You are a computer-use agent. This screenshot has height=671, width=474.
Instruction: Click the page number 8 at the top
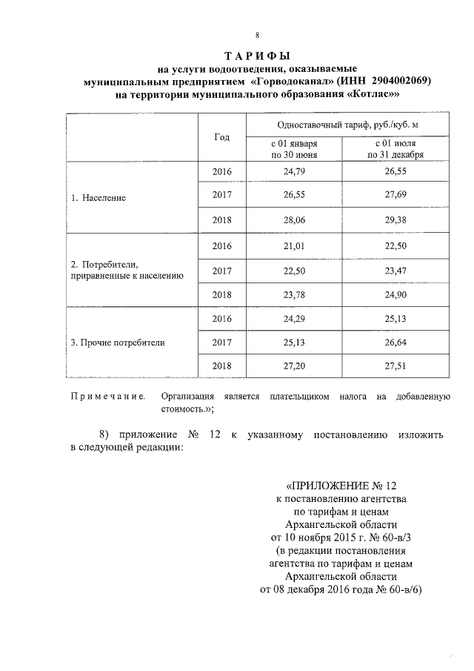pyautogui.click(x=257, y=34)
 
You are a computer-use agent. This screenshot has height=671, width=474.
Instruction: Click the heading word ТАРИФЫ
pyautogui.click(x=256, y=56)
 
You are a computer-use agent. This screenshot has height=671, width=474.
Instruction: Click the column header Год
pyautogui.click(x=221, y=137)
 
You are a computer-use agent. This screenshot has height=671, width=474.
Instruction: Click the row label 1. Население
pyautogui.click(x=99, y=199)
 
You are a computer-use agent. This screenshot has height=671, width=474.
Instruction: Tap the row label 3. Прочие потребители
pyautogui.click(x=118, y=343)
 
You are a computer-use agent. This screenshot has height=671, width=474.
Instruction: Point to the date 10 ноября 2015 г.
pyautogui.click(x=320, y=536)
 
